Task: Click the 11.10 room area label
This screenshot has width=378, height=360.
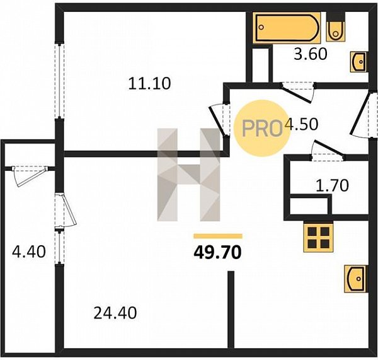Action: point(149,83)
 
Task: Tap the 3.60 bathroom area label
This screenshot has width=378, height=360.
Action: point(311,54)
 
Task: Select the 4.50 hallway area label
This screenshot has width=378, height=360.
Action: point(301,124)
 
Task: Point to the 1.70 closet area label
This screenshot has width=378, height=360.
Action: point(332,185)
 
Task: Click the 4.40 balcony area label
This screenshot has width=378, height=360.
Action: point(29,252)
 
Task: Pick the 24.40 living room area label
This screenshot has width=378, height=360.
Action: point(115,313)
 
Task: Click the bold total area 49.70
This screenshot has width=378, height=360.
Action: point(217,252)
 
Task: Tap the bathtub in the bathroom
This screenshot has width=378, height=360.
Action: point(287,28)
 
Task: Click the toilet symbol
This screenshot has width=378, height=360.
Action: point(336,27)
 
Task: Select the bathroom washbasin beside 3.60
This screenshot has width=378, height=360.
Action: point(359,62)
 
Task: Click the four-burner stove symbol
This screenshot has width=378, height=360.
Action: point(318,238)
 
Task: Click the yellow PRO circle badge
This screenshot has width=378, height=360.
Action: point(262,128)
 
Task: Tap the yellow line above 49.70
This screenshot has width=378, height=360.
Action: point(218,236)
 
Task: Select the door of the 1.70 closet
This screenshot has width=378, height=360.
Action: point(328,150)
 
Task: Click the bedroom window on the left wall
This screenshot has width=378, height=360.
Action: point(59,81)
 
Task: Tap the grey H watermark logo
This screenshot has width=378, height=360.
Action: point(188,175)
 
